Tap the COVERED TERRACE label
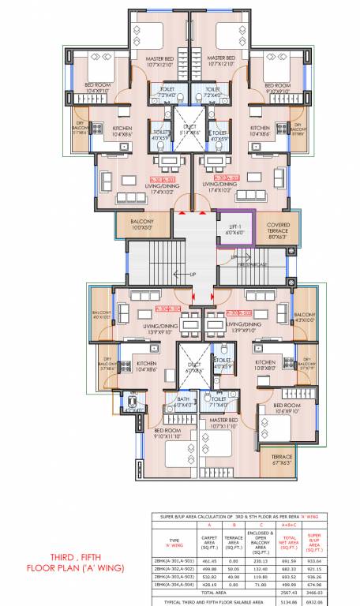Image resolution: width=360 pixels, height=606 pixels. click(x=277, y=228)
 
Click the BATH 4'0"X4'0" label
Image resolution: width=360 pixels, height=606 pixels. click(x=161, y=402)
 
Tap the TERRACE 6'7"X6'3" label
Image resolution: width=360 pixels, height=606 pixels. click(x=281, y=461)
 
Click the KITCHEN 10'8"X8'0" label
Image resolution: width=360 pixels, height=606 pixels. click(x=265, y=366)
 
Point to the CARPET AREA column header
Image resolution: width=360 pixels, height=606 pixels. click(x=210, y=542)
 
